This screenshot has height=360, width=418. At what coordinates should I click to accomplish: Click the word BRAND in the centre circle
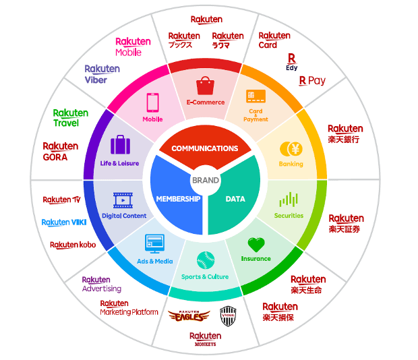click(x=206, y=180)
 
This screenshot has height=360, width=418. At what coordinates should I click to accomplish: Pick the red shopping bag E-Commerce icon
click(x=205, y=86)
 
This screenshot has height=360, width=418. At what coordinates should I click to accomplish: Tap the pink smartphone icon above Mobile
click(x=152, y=102)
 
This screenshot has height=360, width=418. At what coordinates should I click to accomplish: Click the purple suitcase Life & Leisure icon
click(x=120, y=145)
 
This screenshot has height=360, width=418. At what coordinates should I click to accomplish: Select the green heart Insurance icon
click(x=256, y=245)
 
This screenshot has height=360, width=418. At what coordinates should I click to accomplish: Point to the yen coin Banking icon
click(x=291, y=149)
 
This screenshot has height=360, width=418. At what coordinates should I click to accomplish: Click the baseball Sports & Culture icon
click(x=205, y=260)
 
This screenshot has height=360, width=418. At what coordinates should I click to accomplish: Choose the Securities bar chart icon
click(x=289, y=200)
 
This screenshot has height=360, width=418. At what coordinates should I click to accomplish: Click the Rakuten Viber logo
click(x=102, y=74)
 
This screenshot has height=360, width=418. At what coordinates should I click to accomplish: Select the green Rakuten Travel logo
click(x=71, y=118)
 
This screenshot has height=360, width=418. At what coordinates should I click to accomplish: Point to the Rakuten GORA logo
click(x=61, y=151)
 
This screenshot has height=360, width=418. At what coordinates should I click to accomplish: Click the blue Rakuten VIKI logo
click(x=65, y=222)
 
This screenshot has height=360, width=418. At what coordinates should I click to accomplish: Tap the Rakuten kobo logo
click(x=73, y=245)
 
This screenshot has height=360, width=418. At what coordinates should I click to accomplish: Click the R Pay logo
click(x=312, y=81)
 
